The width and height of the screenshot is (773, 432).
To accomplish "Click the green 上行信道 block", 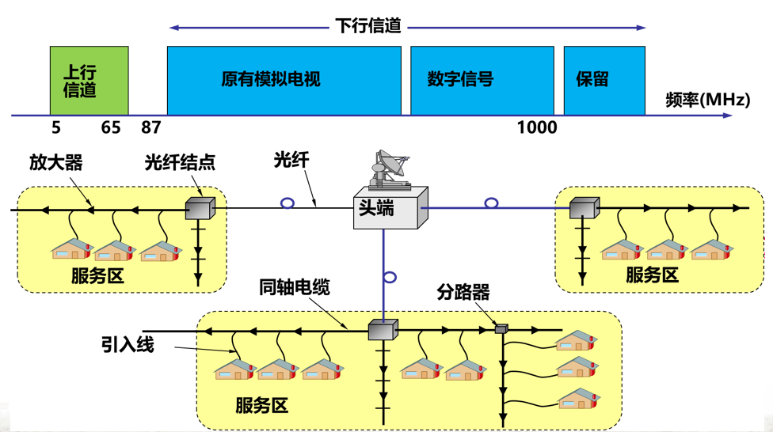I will click(89, 81).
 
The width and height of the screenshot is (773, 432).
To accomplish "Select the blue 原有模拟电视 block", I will click(284, 81).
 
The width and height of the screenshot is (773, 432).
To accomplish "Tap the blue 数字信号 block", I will click(482, 81).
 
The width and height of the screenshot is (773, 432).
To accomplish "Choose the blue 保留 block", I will click(604, 81).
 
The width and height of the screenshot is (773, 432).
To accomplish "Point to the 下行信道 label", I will click(368, 27).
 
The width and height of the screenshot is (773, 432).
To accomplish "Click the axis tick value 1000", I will click(536, 127).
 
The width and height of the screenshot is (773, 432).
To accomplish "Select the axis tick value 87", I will click(150, 127).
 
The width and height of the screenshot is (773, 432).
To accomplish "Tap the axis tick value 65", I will click(111, 127).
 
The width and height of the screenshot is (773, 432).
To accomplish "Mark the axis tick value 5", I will click(55, 127).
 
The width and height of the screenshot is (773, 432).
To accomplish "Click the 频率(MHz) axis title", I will click(707, 100).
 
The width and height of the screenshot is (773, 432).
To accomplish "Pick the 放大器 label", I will click(55, 163).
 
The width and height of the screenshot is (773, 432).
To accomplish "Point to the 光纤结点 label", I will click(180, 163).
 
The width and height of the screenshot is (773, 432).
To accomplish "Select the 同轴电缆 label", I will click(295, 288).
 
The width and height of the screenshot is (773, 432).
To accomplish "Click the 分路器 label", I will click(463, 293).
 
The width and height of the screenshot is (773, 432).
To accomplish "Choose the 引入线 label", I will click(127, 344).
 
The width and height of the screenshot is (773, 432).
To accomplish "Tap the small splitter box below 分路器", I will click(501, 328).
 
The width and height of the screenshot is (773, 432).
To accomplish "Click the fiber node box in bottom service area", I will click(383, 329).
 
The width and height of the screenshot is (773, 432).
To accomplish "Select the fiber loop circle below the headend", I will click(389, 278).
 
